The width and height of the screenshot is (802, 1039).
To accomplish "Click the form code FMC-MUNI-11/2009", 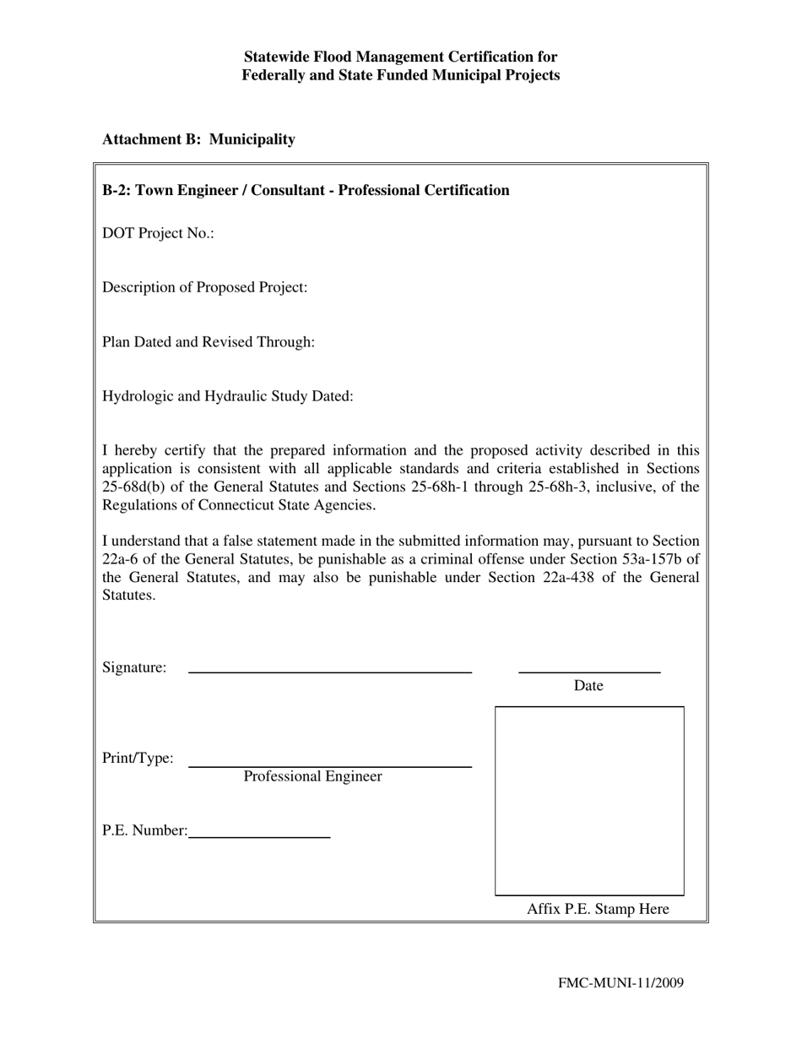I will pos(620,982).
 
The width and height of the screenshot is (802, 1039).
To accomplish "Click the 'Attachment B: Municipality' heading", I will pos(198,139).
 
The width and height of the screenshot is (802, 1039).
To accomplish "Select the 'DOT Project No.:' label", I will pos(158,233).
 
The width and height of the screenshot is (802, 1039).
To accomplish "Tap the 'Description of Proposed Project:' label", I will pos(204,287).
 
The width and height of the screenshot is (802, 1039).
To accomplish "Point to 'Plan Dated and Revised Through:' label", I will pos(209,342).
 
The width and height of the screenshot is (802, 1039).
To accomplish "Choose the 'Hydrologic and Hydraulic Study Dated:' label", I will pos(227,396).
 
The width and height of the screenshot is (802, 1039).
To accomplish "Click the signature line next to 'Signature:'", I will pos(329,672).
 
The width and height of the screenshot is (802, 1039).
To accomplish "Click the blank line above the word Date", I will pos(588,672).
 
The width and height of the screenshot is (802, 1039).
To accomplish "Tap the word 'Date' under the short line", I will pos(588,686).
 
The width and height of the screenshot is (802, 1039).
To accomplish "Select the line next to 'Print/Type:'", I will pos(329,766).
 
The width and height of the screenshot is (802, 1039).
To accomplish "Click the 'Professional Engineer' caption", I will pos(312,776).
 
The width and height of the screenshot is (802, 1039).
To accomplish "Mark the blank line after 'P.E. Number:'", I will pos(259,836).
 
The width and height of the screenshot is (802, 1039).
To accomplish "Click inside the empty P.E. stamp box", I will pos(589,801).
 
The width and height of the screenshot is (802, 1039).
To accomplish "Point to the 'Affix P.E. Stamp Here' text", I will pos(598,909).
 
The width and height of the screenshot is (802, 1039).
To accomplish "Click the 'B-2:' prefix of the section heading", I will pos(117,190).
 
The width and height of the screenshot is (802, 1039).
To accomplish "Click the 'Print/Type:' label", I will pos(138,758).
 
